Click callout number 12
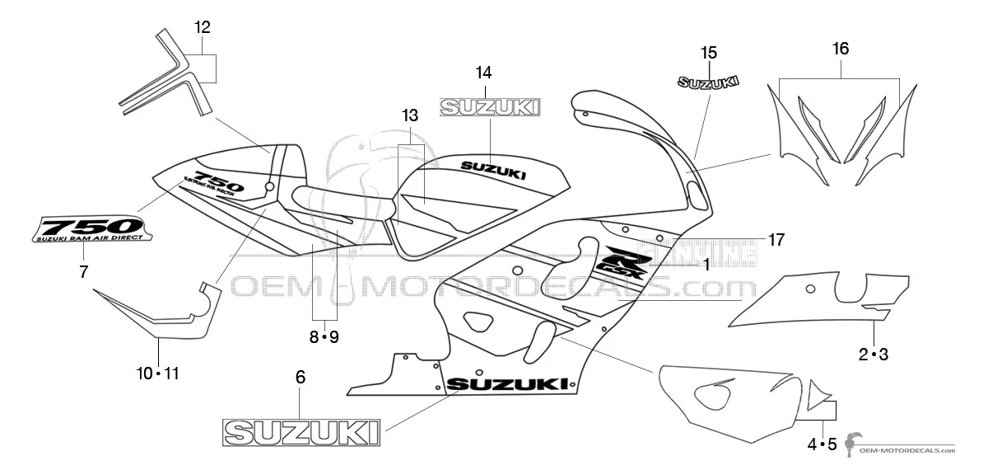203,27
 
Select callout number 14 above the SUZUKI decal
483,72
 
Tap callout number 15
709,53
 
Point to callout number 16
840,49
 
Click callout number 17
776,240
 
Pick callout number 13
410,116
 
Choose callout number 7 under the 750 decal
83,271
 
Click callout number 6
300,377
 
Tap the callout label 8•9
324,336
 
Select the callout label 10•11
157,374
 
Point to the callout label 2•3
873,355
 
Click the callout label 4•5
822,444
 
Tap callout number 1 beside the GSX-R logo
706,265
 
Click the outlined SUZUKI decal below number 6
302,432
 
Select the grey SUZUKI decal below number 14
490,107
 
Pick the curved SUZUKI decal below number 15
708,82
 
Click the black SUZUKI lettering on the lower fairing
507,384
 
